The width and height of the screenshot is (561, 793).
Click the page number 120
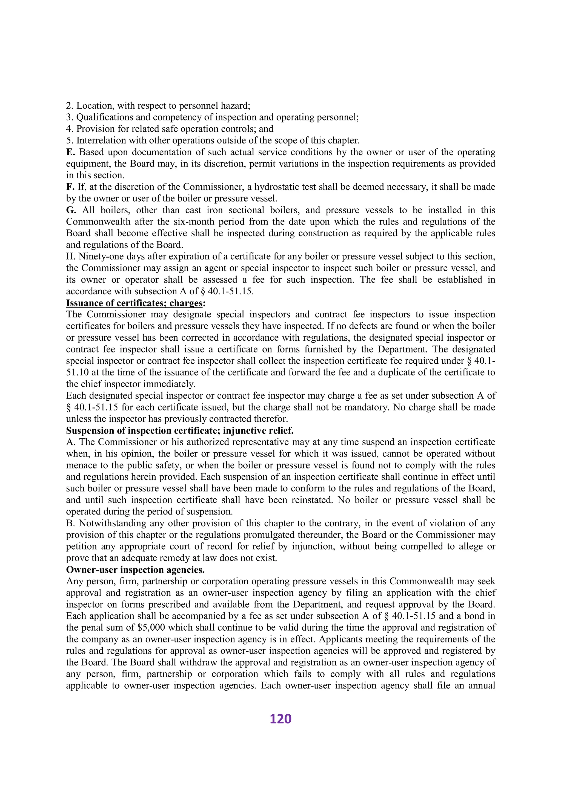[x=280, y=719]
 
